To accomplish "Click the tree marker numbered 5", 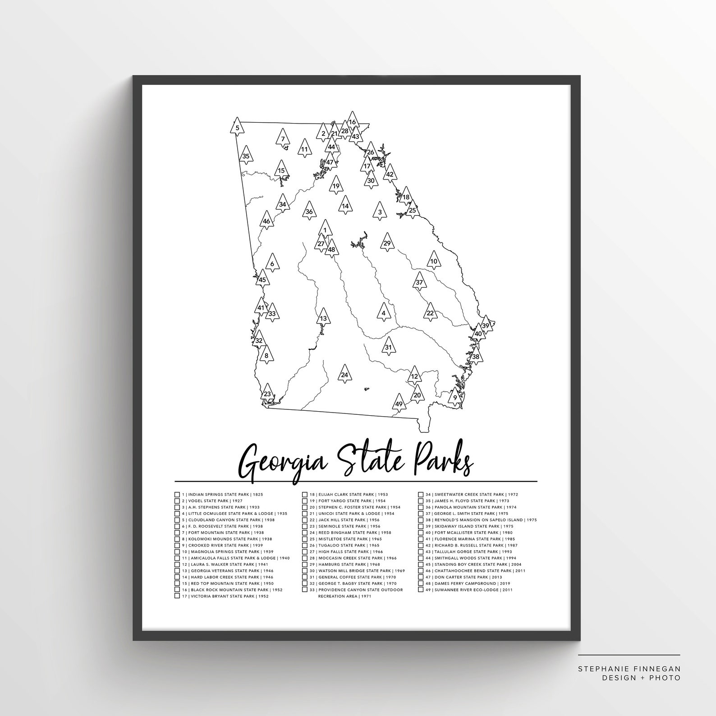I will click(x=237, y=127).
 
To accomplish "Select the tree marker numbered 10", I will click(x=434, y=261).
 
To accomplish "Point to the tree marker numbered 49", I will click(x=399, y=403).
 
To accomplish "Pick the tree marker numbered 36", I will click(x=309, y=211).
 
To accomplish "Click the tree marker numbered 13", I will click(x=323, y=318).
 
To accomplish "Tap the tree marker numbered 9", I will click(x=455, y=397).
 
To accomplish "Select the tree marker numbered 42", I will click(x=390, y=174).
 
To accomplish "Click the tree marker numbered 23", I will click(x=267, y=393).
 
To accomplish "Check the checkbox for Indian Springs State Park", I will click(x=177, y=495).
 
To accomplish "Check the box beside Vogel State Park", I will click(x=177, y=501).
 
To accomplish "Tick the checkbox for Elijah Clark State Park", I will click(x=305, y=495).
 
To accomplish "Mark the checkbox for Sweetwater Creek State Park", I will click(x=421, y=495).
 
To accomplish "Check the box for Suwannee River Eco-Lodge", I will click(x=421, y=590).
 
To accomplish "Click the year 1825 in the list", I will click(x=258, y=495).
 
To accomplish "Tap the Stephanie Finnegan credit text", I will click(x=629, y=669).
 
